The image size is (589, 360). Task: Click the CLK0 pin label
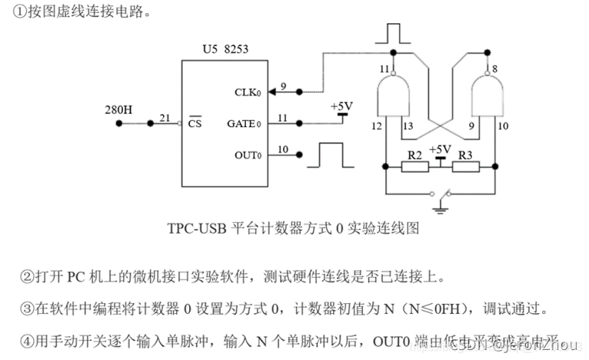(248, 92)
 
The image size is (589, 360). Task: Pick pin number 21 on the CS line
(165, 117)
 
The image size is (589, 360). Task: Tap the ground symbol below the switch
(441, 205)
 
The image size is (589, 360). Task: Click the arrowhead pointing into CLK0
(295, 92)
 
